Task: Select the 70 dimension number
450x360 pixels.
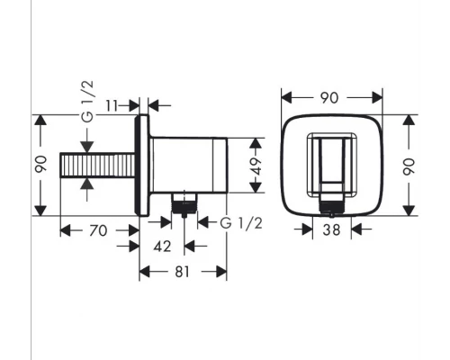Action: point(100,230)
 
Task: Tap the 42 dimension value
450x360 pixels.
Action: point(161,246)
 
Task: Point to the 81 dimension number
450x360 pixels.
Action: point(183,271)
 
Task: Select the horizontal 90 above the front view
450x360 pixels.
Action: point(330,97)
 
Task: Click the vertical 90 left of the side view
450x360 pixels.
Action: point(40,166)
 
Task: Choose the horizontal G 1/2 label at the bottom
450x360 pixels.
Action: point(238,221)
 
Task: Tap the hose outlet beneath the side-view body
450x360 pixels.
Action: point(184,202)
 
